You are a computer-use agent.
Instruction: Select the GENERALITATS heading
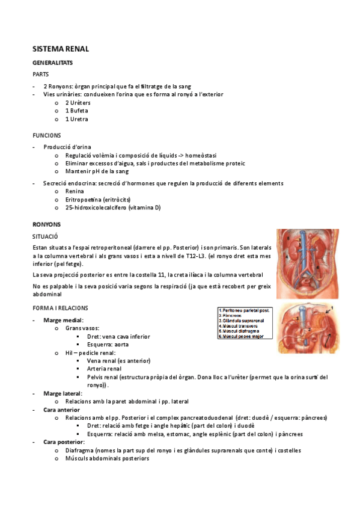pyautogui.click(x=53, y=63)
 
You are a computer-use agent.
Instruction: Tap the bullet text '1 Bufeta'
pyautogui.click(x=76, y=111)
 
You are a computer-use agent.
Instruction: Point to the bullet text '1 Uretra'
pyautogui.click(x=76, y=119)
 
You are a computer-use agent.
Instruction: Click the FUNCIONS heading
pyautogui.click(x=47, y=136)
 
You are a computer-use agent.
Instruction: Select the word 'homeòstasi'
pyautogui.click(x=196, y=155)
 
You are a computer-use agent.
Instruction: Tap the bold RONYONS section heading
pyautogui.click(x=46, y=224)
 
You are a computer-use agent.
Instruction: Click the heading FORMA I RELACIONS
pyautogui.click(x=60, y=308)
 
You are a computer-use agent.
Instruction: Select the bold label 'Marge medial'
pyautogui.click(x=63, y=320)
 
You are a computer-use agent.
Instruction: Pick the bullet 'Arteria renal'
pyautogui.click(x=104, y=369)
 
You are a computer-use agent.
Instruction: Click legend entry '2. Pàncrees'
pyautogui.click(x=233, y=316)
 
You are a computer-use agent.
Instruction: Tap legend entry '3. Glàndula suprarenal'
pyautogui.click(x=243, y=321)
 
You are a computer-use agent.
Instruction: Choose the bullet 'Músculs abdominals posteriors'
pyautogui.click(x=107, y=458)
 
